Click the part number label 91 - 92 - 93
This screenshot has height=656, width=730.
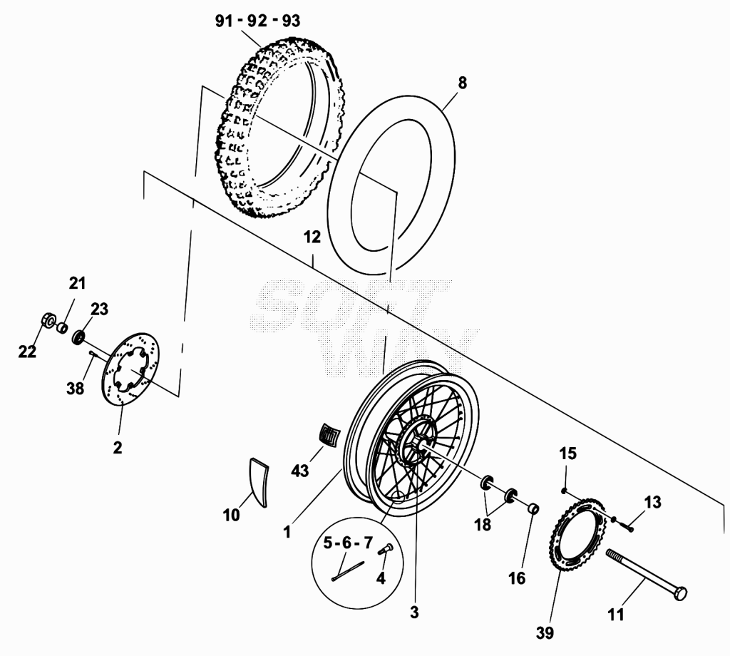[x=257, y=21]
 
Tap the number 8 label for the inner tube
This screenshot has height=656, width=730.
[x=462, y=83]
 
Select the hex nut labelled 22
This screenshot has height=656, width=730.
[x=47, y=320]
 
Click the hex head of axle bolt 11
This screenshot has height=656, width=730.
[x=680, y=593]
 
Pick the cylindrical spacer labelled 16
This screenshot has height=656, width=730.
[x=533, y=508]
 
